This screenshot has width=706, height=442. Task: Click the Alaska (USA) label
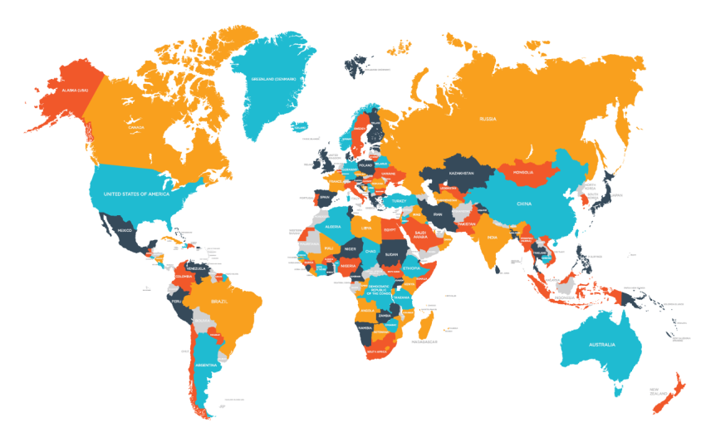pyautogui.click(x=69, y=90)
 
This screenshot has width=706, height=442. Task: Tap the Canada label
pyautogui.click(x=136, y=127)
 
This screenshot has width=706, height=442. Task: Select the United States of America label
pyautogui.click(x=136, y=194)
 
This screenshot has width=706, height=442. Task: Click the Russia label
pyautogui.click(x=488, y=119)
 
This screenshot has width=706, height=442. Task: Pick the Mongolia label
pyautogui.click(x=523, y=172)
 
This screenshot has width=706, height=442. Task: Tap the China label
pyautogui.click(x=523, y=204)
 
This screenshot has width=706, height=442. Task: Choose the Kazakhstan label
pyautogui.click(x=461, y=173)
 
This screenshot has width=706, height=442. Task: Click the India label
pyautogui.click(x=493, y=238)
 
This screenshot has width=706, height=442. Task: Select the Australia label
pyautogui.click(x=601, y=344)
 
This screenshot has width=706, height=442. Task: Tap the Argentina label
pyautogui.click(x=206, y=366)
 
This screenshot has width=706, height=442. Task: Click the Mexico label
pyautogui.click(x=125, y=230)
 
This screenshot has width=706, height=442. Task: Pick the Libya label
pyautogui.click(x=365, y=227)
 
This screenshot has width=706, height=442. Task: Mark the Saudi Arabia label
pyautogui.click(x=420, y=234)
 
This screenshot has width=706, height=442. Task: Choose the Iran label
pyautogui.click(x=438, y=214)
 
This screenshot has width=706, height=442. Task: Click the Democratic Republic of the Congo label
pyautogui.click(x=378, y=289)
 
